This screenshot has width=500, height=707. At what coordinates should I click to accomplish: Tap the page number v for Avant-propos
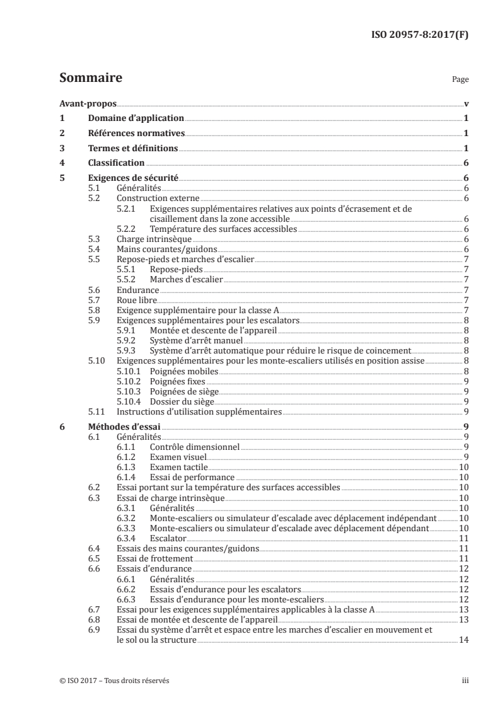pos(465,103)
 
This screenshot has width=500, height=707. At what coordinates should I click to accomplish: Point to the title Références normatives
pos(136,133)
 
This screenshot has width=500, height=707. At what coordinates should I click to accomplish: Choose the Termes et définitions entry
pos(133,148)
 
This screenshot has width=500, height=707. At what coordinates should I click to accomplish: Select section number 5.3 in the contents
pos(94,239)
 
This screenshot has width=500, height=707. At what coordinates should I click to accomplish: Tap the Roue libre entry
pos(136,300)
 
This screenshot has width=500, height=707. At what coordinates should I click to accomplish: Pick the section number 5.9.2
pos(127,340)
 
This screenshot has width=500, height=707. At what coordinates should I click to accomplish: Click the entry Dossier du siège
pos(183,401)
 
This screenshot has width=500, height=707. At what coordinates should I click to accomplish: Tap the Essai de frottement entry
pos(155,558)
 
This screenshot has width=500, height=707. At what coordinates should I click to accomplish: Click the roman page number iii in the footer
pos(465,681)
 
